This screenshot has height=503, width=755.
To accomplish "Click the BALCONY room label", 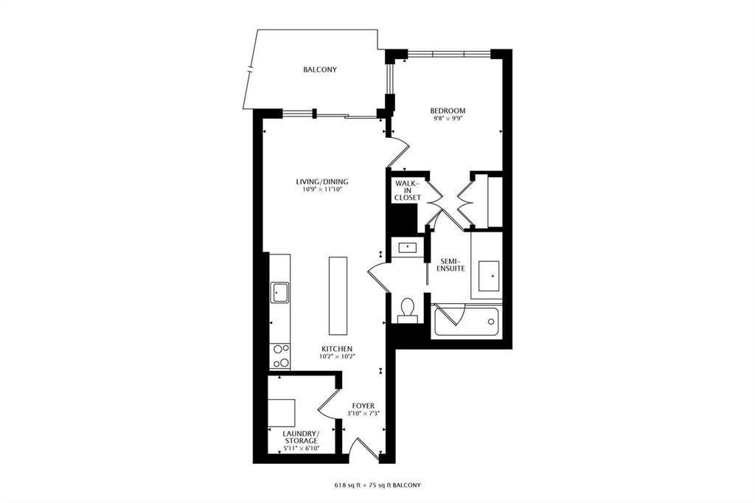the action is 320,69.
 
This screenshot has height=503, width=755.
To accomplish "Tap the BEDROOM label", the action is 448,111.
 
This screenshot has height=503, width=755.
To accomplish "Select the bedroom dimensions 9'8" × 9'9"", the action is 448,118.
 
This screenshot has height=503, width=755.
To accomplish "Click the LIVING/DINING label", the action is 321,181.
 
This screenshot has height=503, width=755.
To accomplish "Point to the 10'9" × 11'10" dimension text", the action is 321,190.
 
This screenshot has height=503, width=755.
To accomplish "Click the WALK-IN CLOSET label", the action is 407,191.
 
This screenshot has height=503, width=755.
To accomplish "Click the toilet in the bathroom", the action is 408,309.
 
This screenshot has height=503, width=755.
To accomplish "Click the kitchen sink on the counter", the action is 279,293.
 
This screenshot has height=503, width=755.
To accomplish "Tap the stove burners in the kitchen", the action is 279,355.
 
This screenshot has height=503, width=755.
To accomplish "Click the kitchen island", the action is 338,296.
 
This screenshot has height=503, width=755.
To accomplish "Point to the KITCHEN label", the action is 337,349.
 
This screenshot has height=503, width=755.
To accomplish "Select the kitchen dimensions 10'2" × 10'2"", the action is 337,357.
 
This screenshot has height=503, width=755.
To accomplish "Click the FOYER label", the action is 363,406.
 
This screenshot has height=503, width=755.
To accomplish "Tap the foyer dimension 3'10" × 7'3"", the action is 363,414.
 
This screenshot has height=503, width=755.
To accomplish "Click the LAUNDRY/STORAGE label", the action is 301,437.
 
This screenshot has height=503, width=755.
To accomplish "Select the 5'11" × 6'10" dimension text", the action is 301,449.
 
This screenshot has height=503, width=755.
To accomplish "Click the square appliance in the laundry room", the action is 281,410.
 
